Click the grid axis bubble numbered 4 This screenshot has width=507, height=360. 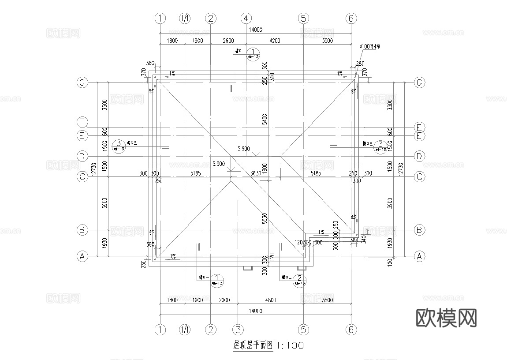246,19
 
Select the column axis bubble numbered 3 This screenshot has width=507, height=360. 238,330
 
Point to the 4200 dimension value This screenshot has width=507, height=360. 275,41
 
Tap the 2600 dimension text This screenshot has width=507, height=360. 228,41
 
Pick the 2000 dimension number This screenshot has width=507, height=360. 224,300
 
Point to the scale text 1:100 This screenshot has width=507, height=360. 290,345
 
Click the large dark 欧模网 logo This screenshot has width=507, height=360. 446,317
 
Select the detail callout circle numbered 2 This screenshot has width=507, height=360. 300,279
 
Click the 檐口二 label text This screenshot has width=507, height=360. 287,277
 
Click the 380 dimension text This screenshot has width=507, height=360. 354,240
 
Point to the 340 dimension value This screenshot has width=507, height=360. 364,239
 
